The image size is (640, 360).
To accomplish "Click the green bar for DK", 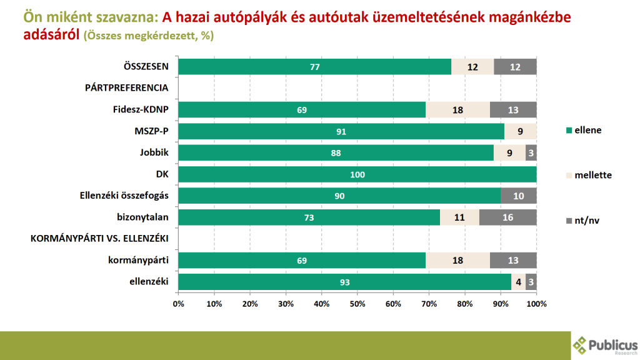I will pos(357,174).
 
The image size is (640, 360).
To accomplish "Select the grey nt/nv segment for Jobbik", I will pos(531,152).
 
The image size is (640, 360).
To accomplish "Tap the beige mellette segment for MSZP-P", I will pos(520,131).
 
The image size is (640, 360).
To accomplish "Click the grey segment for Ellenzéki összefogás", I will pos(518,196).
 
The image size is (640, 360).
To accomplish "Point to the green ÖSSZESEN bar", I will pos(314,67).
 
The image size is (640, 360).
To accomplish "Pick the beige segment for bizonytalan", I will pos(459,217).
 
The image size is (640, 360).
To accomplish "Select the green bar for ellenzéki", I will pos(344,282).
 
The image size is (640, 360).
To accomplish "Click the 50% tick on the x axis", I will pos(357,304).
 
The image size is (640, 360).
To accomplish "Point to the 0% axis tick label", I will pos(178,304).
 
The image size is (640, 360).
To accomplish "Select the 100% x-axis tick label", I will pos(536,304).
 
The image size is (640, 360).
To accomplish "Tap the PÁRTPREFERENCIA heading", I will pos(127,88).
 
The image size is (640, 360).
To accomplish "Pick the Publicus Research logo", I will pos(605,345).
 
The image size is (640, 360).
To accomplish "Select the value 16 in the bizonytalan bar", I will pos(507,217).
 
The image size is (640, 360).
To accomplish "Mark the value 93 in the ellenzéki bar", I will pos(344,282).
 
